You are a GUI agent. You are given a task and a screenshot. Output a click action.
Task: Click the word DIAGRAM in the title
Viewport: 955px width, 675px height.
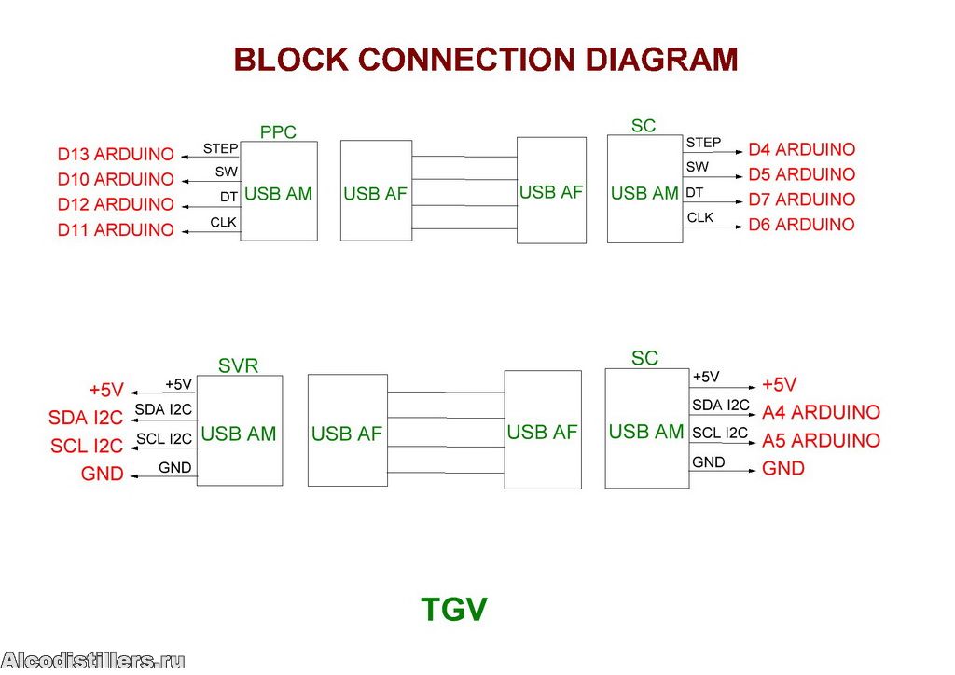(661, 60)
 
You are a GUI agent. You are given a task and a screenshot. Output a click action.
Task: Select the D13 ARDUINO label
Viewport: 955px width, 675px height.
(116, 154)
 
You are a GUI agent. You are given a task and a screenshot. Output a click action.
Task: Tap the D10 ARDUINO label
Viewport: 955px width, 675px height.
(116, 179)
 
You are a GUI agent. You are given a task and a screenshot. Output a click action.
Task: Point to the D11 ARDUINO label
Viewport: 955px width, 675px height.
(116, 229)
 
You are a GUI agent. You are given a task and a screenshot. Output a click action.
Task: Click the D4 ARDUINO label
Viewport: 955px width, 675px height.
(801, 149)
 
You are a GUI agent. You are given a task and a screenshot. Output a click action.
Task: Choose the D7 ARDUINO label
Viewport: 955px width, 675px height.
(801, 200)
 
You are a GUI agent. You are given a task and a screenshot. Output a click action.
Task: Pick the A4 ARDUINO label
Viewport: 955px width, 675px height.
(821, 412)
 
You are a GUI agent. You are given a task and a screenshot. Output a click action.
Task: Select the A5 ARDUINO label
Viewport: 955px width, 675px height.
(821, 440)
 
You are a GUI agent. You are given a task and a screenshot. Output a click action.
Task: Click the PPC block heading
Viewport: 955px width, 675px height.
(278, 132)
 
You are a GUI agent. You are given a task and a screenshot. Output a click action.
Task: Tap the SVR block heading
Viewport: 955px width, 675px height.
(238, 366)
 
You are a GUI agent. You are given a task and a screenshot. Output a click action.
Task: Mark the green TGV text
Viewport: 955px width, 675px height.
(454, 610)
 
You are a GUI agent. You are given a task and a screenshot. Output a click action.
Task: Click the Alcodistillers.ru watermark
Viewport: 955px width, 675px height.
(93, 661)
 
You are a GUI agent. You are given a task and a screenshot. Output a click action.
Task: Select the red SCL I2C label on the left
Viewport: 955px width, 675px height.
(87, 447)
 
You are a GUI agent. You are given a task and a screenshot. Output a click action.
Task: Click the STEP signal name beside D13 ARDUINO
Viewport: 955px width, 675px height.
(220, 148)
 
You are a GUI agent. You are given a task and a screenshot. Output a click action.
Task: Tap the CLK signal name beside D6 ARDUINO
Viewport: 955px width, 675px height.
(700, 217)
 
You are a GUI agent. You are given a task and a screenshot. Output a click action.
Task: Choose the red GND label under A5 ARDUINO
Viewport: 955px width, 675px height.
(783, 468)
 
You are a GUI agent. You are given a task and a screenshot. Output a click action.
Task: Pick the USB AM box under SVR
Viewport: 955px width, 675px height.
(239, 434)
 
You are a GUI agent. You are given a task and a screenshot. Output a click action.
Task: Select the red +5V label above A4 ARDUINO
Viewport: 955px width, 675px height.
(780, 384)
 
